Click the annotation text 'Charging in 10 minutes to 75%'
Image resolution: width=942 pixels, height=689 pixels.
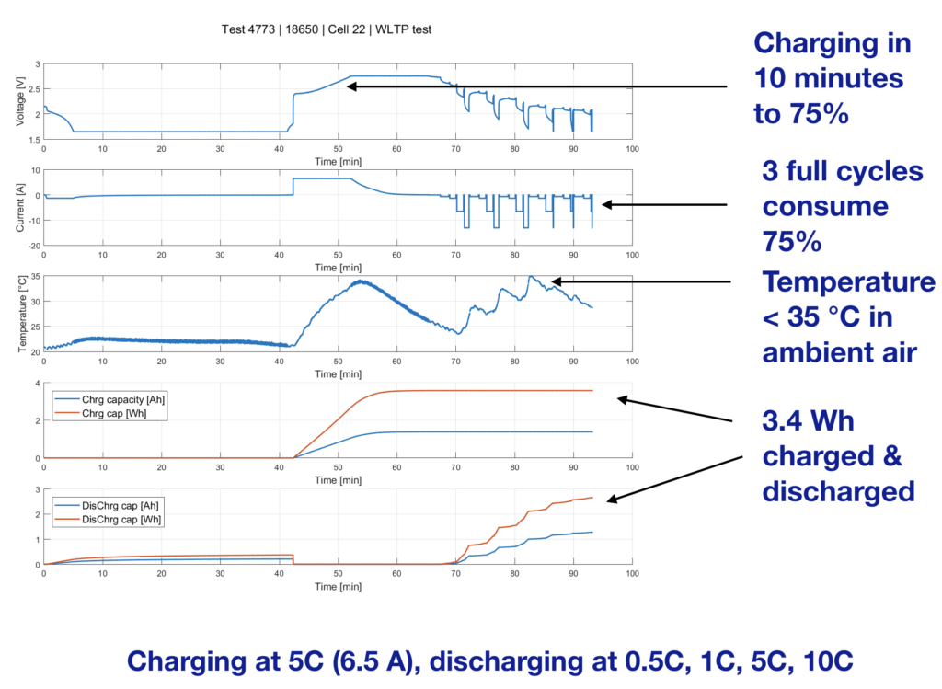tap(832, 79)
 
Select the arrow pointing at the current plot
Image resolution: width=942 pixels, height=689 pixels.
tap(662, 204)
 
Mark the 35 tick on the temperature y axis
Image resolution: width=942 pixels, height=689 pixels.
tap(34, 276)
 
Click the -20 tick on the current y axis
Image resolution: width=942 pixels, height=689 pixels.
tap(33, 246)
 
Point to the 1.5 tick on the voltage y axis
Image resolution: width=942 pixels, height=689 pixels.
tap(34, 140)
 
